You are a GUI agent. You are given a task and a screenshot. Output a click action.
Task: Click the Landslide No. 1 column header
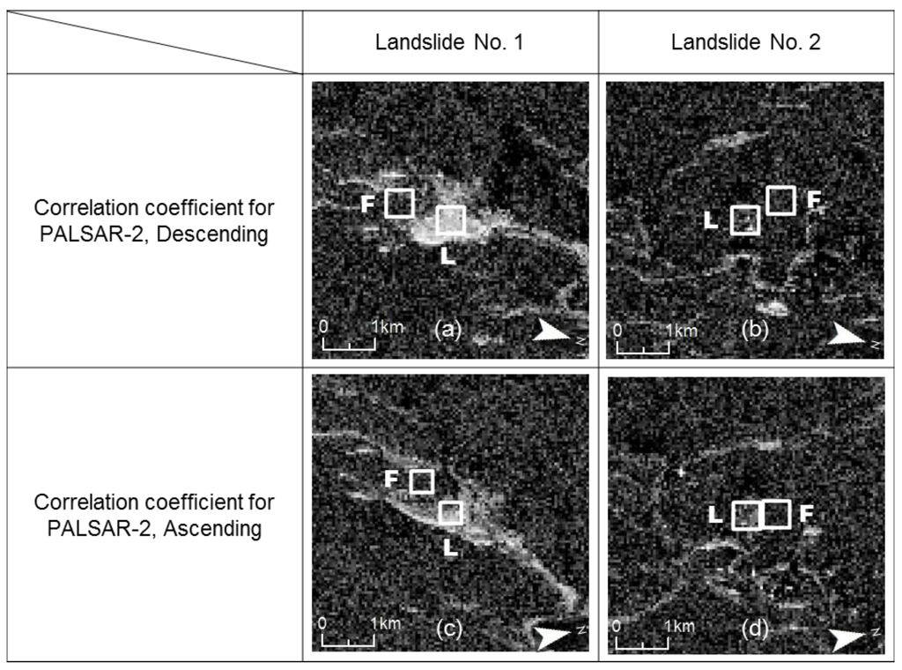450,42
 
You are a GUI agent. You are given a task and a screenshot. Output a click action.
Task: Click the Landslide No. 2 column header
745,42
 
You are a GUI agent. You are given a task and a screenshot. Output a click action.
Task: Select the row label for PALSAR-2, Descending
154,221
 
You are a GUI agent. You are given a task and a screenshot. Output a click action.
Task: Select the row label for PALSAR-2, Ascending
154,515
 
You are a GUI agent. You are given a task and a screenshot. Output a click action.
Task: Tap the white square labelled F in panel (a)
400,203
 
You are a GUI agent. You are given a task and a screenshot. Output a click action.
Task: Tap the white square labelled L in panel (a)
451,220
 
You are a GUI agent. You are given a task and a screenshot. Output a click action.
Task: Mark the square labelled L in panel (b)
745,220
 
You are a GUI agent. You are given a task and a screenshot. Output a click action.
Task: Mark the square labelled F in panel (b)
780,200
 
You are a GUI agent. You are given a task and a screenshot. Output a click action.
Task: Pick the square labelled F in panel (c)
422,480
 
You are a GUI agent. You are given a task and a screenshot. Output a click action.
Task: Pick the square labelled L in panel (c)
451,512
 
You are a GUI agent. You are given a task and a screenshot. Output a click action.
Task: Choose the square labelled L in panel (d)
747,515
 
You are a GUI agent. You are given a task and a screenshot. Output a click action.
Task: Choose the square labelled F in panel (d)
776,513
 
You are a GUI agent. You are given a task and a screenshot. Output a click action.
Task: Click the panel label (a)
448,330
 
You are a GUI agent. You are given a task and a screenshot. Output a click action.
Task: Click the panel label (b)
754,331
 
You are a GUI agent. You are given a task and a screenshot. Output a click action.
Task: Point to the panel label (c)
448,629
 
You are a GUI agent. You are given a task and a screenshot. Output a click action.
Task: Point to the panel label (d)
755,629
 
